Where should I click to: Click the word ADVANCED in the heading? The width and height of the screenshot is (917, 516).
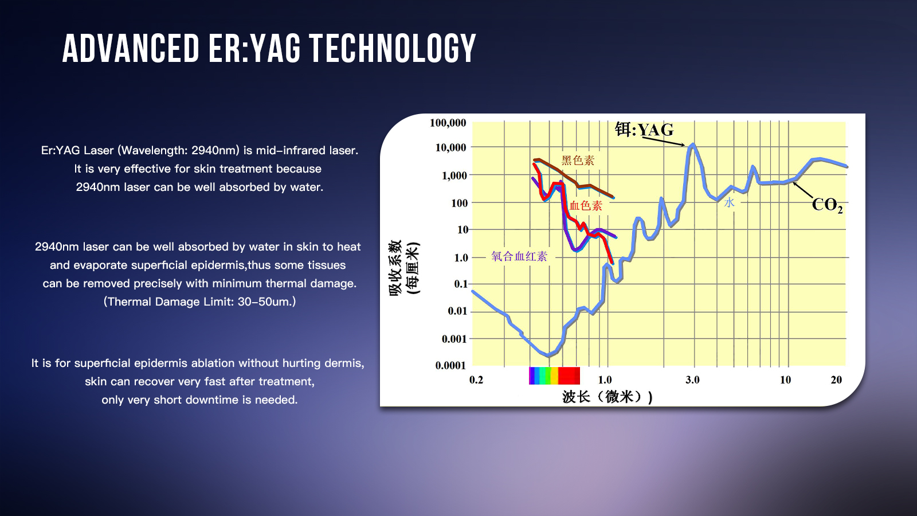pos(131,48)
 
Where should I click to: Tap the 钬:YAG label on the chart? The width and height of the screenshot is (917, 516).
pos(644,130)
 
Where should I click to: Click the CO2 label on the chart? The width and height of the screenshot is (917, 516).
pos(827,205)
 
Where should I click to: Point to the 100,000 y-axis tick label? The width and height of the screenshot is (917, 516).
pos(448,123)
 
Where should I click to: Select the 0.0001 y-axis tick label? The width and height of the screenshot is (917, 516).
pos(450,365)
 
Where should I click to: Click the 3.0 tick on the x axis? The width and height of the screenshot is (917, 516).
pos(692,380)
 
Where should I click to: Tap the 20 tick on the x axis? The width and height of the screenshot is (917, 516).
pos(836,380)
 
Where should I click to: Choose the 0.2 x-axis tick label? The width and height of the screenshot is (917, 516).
pos(476,380)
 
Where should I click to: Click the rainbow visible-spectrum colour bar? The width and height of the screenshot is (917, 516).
pos(554,376)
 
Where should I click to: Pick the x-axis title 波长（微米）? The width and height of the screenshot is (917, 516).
pos(607,397)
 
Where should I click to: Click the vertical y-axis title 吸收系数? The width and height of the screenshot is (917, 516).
pos(395,268)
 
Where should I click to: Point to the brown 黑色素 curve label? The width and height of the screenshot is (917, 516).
pos(578,161)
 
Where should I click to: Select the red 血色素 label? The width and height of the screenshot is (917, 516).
pos(586,206)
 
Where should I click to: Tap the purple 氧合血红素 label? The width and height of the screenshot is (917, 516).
pos(519,256)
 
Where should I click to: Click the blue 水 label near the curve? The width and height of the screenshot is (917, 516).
pos(729,202)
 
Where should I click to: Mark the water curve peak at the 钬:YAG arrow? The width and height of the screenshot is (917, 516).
pos(693,145)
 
